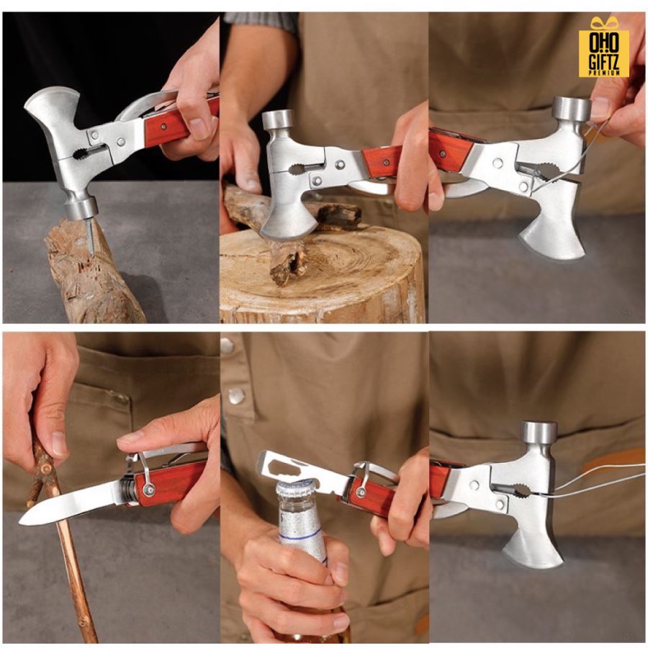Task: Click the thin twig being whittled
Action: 62,537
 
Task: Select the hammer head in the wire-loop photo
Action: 572,108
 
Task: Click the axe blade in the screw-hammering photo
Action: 49,114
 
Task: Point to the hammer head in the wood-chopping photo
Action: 278,120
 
